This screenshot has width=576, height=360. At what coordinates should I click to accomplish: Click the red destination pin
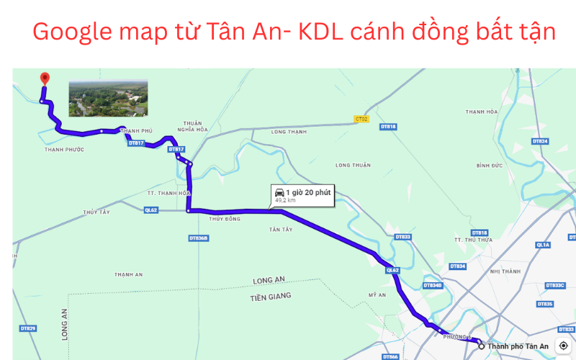(x=44, y=78)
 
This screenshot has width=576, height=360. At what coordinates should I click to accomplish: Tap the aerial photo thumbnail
(x=108, y=98)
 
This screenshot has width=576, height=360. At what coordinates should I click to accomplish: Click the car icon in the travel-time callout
(x=279, y=192)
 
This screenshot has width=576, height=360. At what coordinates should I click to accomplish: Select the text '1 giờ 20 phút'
(x=308, y=192)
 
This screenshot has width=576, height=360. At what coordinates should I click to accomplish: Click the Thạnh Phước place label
(x=64, y=150)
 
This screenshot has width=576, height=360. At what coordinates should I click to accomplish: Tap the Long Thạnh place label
(x=289, y=132)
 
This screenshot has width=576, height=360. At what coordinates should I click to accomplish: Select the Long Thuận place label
(x=353, y=165)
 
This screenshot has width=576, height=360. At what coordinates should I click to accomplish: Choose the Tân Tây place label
(x=281, y=230)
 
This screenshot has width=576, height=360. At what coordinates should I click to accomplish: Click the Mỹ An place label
(x=377, y=294)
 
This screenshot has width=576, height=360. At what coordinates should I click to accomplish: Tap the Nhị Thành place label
(x=504, y=271)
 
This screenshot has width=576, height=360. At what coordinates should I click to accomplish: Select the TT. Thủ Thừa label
(x=472, y=240)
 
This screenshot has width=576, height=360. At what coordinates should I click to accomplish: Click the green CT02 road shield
(x=361, y=118)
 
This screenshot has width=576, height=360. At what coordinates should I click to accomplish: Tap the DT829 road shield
(x=28, y=328)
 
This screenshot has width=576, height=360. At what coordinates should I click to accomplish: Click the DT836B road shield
(x=199, y=238)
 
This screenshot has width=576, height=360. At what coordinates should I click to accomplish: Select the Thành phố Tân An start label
(x=518, y=346)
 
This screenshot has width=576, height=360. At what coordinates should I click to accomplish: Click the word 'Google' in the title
(x=71, y=32)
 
